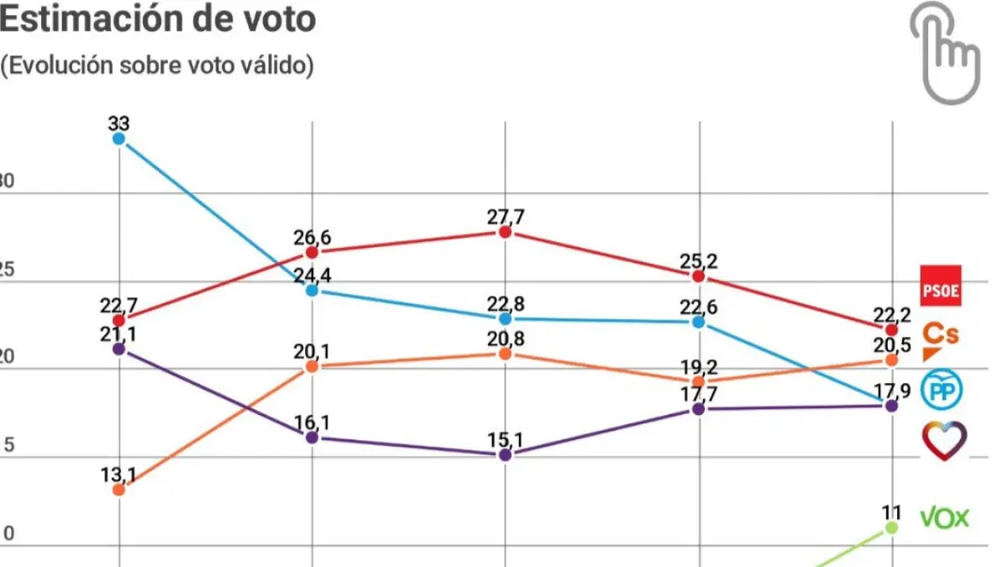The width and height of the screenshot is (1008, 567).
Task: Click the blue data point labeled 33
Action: coord(118,139)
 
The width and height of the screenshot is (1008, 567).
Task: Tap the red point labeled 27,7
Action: coord(505,232)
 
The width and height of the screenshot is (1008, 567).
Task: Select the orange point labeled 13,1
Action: coord(118,489)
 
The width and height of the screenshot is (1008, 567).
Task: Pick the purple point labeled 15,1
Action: coord(505,454)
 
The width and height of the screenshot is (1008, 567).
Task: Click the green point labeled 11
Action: coord(891,528)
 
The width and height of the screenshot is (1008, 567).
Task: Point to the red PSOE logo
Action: coord(941,286)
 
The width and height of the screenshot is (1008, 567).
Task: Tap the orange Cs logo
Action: coord(940,339)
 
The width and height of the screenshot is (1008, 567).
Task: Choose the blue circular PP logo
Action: coord(942,390)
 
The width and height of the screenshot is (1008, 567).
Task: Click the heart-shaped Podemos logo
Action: coord(943,440)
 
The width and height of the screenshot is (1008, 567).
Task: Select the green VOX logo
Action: coord(945,517)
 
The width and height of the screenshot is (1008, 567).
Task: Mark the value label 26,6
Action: coord(312,237)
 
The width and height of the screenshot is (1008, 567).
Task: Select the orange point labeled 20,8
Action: coord(505,354)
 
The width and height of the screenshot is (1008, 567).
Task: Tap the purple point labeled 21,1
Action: coord(118,348)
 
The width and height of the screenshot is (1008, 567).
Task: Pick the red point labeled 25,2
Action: coord(698,276)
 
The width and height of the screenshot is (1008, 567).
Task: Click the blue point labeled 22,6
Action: coord(698,322)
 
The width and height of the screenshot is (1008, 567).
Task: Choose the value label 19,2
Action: coord(698,366)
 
